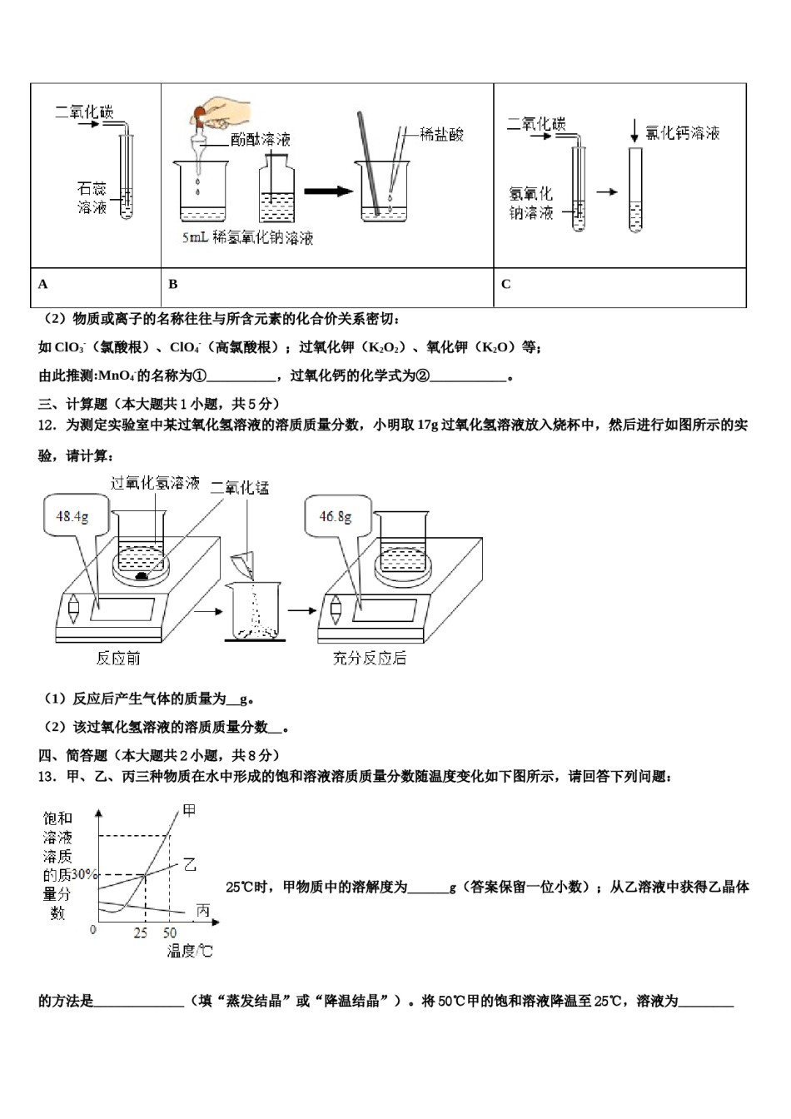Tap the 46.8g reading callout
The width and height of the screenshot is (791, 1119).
pos(335,517)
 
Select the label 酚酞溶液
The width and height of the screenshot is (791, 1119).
pos(261,140)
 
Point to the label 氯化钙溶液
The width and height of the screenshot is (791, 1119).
pos(683,133)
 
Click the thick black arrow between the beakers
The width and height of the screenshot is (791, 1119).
pos(328,191)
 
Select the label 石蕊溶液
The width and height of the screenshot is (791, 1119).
pos(92,198)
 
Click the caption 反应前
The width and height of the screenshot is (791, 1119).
pos(118,659)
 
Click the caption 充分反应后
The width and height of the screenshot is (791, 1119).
pos(370,659)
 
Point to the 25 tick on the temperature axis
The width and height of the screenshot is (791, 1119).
pos(141,933)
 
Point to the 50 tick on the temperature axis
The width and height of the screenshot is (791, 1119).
pos(169,933)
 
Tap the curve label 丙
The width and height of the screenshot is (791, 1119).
pos(202,911)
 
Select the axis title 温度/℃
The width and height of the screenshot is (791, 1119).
pos(190,951)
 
